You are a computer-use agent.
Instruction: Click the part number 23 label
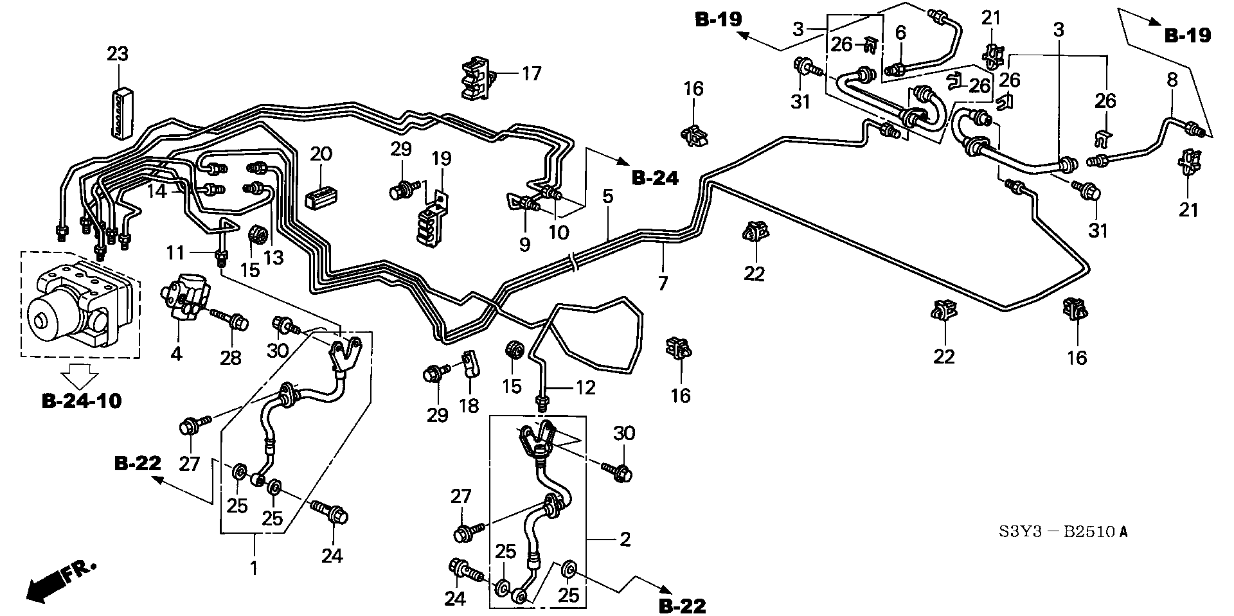pyautogui.click(x=118, y=54)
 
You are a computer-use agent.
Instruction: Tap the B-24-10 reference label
pyautogui.click(x=81, y=401)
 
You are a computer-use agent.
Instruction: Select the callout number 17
pyautogui.click(x=532, y=73)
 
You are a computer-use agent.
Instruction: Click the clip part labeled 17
pyautogui.click(x=478, y=78)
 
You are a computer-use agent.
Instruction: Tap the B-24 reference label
pyautogui.click(x=655, y=178)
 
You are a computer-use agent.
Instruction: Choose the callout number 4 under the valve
pyautogui.click(x=176, y=353)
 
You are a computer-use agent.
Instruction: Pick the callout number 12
pyautogui.click(x=586, y=387)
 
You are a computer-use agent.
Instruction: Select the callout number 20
pyautogui.click(x=321, y=154)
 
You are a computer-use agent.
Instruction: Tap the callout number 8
pyautogui.click(x=1172, y=80)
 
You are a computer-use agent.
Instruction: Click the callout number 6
pyautogui.click(x=900, y=33)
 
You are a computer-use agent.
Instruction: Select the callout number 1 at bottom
pyautogui.click(x=254, y=568)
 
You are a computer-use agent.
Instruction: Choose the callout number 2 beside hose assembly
pyautogui.click(x=625, y=540)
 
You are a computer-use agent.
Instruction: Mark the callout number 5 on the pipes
pyautogui.click(x=607, y=197)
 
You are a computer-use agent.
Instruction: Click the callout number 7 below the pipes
pyautogui.click(x=663, y=283)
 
